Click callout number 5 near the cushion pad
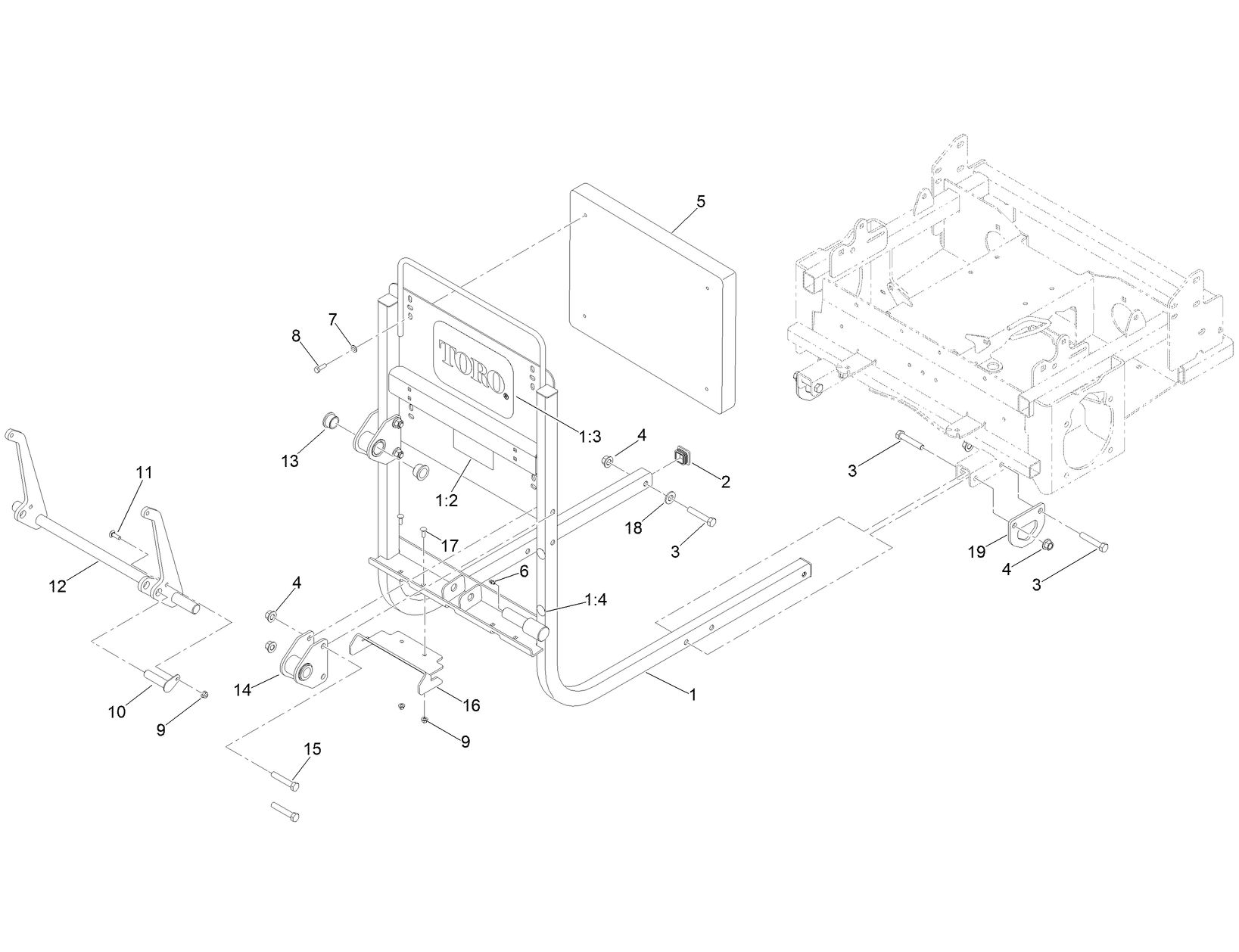700,201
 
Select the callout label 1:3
590,436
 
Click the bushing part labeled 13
331,420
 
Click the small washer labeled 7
353,348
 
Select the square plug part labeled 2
684,456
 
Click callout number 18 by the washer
633,528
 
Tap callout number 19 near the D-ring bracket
977,551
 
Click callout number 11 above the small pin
144,473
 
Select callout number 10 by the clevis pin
117,712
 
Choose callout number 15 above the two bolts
312,749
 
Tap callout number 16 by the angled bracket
471,705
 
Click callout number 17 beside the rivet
450,546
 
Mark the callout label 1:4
596,600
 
